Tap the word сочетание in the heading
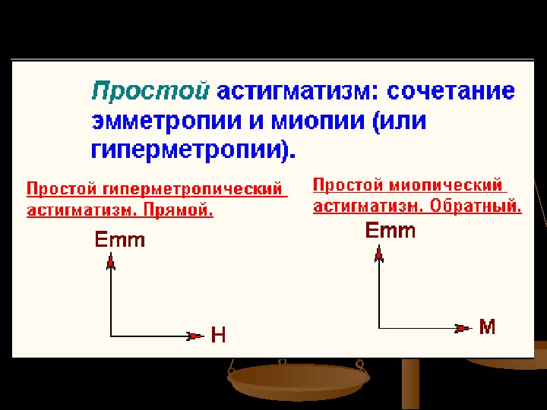pos(451,92)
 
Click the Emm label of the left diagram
pos(119,241)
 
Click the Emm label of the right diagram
pos(390,230)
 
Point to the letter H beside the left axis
pos(218,336)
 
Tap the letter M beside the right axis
pos(488,327)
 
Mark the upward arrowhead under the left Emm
pos(111,263)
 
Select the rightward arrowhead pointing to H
pos(196,335)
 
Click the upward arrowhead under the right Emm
pos(378,252)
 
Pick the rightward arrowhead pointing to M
pos(463,328)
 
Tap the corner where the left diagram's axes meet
pos(111,335)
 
